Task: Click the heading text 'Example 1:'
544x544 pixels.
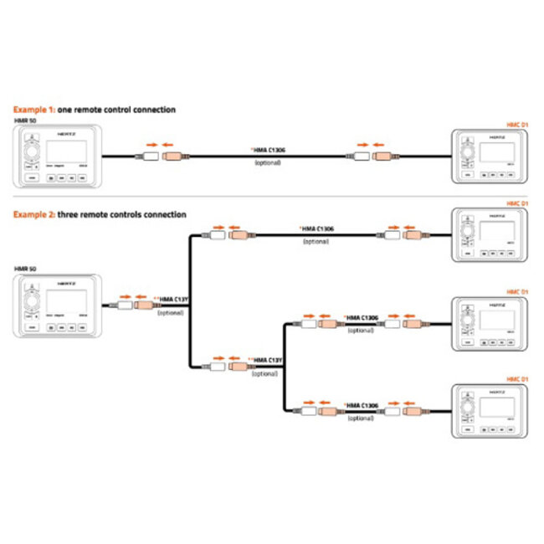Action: pyautogui.click(x=32, y=110)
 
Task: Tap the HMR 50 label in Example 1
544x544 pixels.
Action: pyautogui.click(x=26, y=121)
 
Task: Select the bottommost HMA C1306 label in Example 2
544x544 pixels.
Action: pyautogui.click(x=362, y=404)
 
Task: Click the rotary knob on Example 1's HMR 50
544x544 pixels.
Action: pyautogui.click(x=31, y=154)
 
